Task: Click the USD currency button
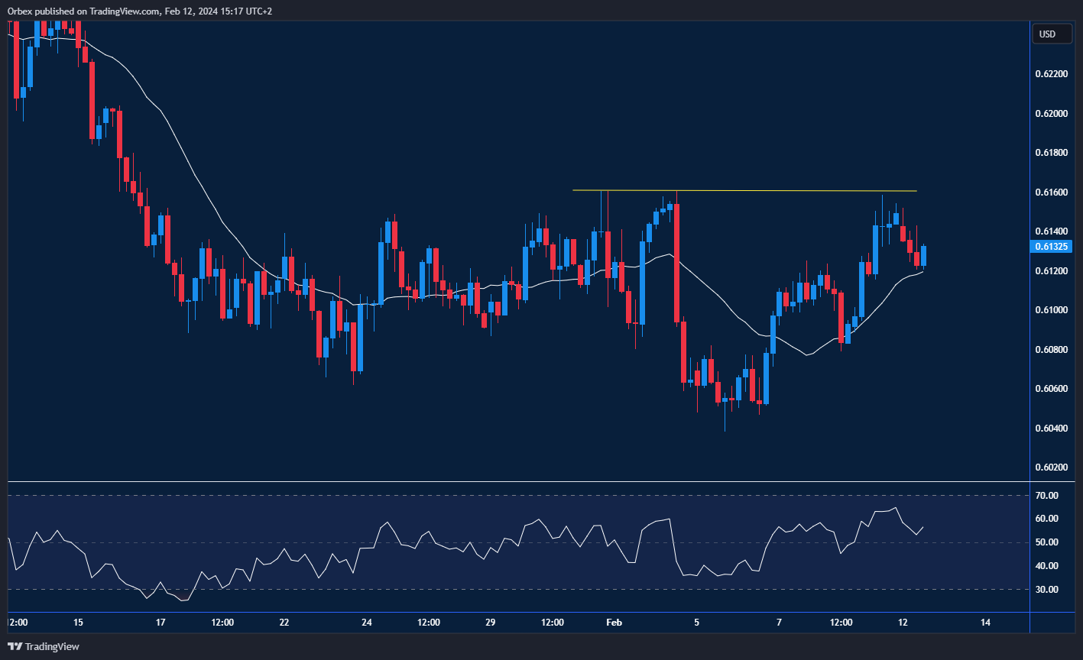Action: [x=1047, y=34]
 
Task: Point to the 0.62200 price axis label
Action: [x=1052, y=74]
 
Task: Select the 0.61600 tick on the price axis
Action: [x=1052, y=192]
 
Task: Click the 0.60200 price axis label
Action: [x=1052, y=467]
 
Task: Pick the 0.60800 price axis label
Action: [x=1052, y=349]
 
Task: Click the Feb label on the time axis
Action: [x=614, y=623]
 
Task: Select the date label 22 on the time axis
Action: [x=284, y=623]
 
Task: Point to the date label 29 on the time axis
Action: [x=491, y=623]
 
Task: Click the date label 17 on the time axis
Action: [x=161, y=623]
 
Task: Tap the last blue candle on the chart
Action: [x=923, y=256]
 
